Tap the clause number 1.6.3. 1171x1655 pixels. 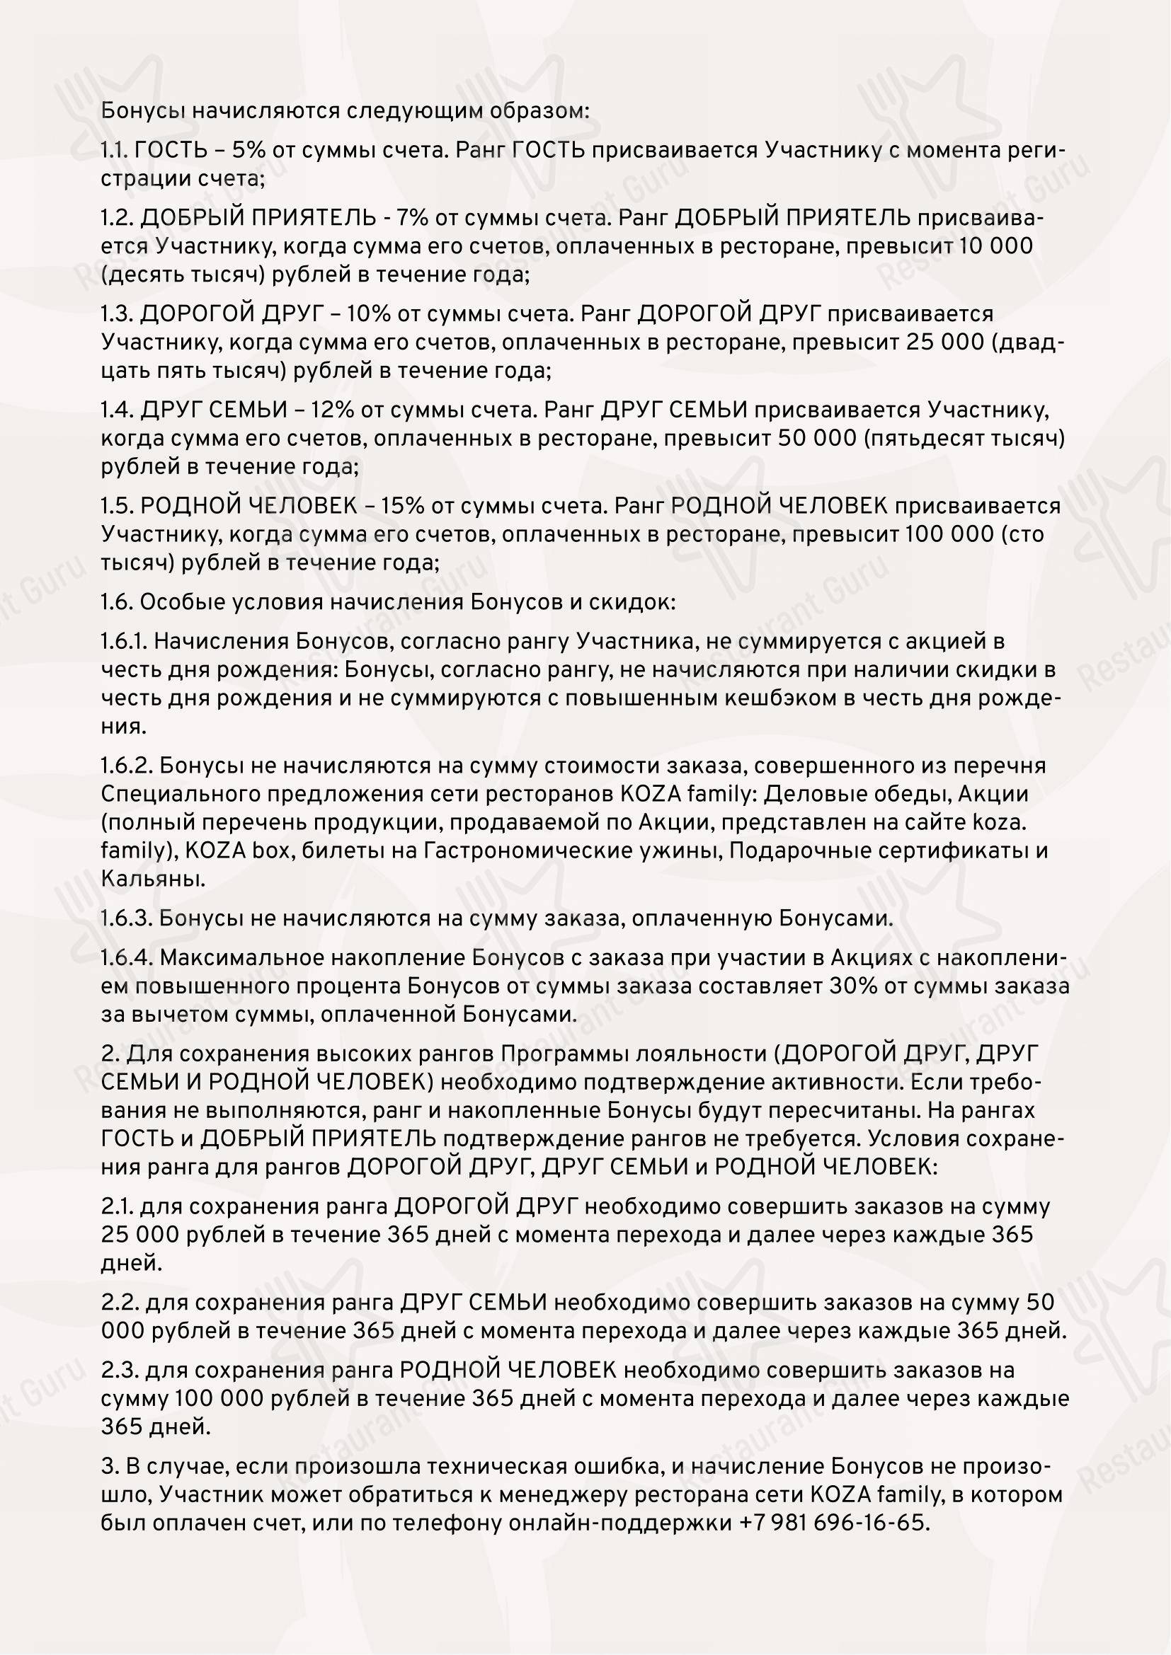tap(126, 918)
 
